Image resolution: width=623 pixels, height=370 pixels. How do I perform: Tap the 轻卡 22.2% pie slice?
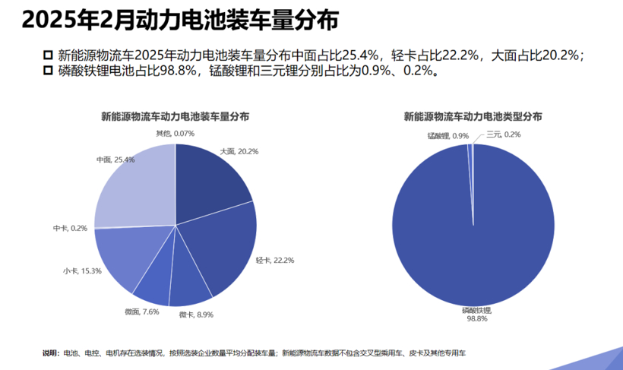[x=224, y=243]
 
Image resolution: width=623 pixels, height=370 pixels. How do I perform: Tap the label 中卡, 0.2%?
[x=70, y=228]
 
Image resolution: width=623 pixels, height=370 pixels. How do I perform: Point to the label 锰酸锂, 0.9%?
[x=447, y=135]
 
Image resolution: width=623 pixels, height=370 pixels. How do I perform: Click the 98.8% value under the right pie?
[x=476, y=319]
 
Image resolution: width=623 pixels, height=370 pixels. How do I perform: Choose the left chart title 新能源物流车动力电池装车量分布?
[x=175, y=117]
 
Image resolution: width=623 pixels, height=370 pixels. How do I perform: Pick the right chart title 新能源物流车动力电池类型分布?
[x=473, y=117]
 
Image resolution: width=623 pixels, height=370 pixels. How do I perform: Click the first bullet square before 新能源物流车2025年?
[x=48, y=55]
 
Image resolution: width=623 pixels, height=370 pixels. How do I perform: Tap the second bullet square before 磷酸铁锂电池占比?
[x=48, y=71]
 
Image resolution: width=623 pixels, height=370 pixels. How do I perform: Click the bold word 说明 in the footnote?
[x=50, y=353]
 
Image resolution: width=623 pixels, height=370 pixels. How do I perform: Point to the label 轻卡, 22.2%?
[x=275, y=261]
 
